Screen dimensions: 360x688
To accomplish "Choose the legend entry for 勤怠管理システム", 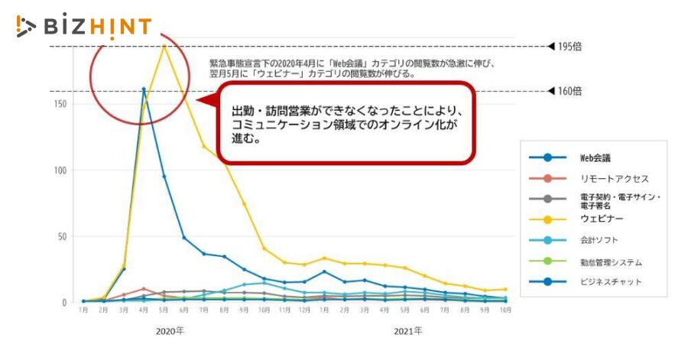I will (609, 261).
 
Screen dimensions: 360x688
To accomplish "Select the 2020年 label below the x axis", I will (170, 332).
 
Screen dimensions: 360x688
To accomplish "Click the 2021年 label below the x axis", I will (407, 332).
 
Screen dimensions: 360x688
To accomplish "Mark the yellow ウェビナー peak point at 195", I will (164, 46).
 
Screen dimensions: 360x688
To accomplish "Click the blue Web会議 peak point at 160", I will (144, 89).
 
